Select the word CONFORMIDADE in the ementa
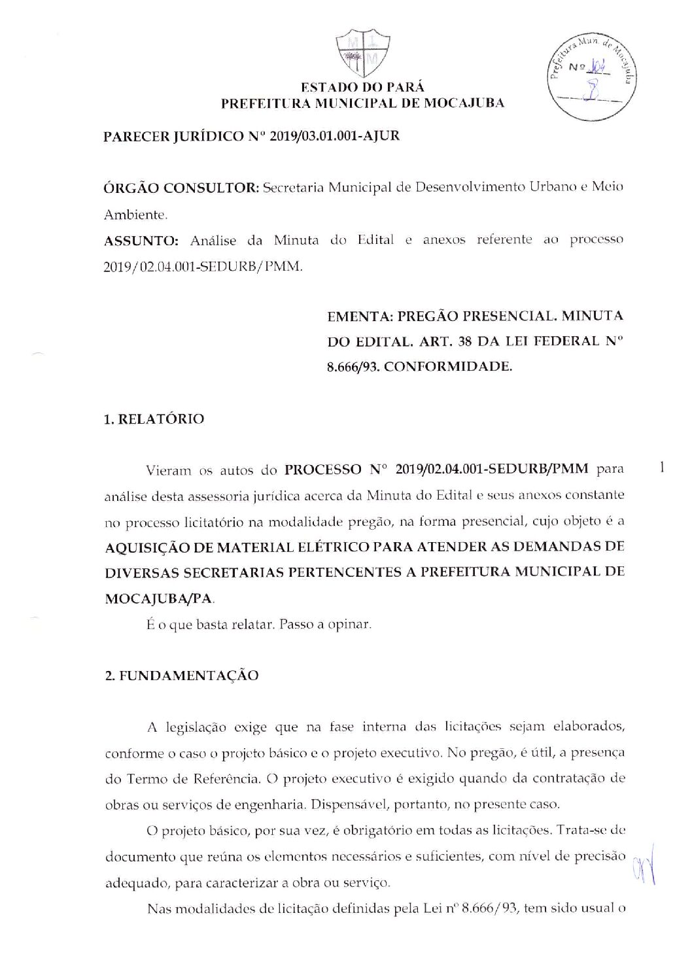coord(448,367)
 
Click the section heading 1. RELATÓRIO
coord(154,419)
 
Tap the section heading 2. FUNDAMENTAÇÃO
coord(182,676)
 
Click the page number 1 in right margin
coord(663,468)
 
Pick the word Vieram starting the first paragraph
coord(168,470)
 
